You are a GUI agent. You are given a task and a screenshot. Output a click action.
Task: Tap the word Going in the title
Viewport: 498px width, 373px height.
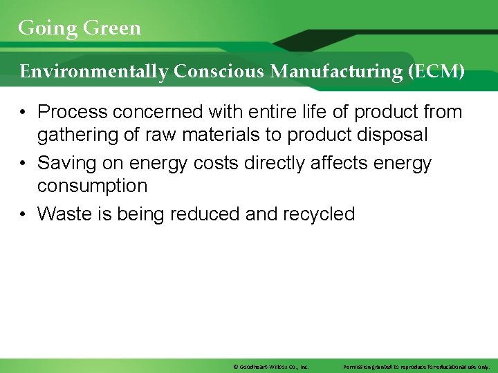48,28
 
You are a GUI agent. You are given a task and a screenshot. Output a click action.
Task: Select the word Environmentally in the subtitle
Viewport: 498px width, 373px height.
93,71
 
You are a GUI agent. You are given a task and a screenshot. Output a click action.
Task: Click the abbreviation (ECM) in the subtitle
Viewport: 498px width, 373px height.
436,71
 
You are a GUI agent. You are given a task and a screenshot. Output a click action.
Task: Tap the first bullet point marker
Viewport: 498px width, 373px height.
24,111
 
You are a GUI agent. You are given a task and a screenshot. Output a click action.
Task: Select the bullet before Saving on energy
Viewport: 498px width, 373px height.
24,163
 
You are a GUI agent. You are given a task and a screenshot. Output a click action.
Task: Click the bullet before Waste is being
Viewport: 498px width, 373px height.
24,214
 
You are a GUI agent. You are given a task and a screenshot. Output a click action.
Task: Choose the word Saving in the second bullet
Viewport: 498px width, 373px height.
68,163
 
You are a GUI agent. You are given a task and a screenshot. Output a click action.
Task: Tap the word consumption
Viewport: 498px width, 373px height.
92,186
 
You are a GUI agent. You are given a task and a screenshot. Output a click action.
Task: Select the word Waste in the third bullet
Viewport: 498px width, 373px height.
63,214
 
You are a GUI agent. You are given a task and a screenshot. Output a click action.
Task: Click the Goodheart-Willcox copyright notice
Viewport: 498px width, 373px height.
270,367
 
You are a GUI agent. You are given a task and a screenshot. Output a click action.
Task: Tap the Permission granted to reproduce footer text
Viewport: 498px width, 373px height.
416,367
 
